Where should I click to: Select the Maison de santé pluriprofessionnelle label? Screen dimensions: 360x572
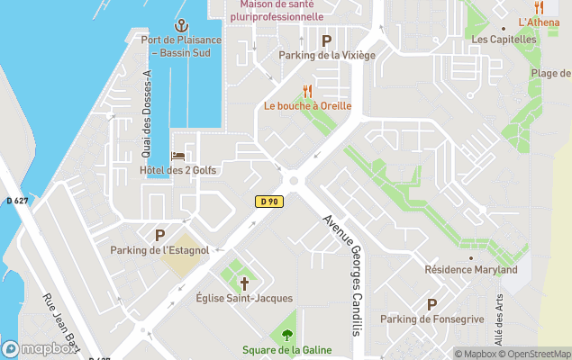point(281,10)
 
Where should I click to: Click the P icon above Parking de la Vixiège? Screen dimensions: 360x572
point(326,40)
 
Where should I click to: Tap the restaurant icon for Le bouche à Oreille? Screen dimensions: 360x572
point(307,91)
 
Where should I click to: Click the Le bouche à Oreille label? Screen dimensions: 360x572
point(307,106)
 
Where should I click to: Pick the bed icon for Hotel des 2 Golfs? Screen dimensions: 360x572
point(178,157)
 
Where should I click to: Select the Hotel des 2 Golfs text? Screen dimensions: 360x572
point(178,171)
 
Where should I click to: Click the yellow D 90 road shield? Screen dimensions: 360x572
point(268,202)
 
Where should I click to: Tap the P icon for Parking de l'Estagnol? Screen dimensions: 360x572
point(159,235)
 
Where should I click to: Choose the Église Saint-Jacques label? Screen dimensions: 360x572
point(243,298)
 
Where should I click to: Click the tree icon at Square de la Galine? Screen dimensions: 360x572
point(286,336)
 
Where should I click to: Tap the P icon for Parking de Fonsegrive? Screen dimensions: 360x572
point(431,305)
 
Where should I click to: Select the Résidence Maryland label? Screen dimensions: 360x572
point(470,270)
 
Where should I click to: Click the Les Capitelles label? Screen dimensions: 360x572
point(504,40)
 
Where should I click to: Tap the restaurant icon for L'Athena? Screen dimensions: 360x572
point(539,7)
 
